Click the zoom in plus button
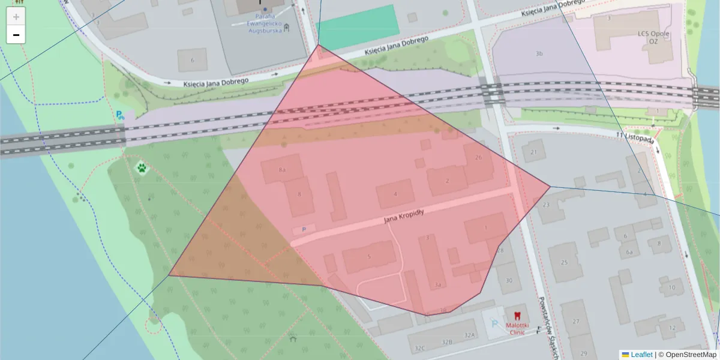(16, 17)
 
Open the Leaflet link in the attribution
(641, 355)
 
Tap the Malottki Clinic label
(517, 329)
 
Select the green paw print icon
(142, 168)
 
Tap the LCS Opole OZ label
(653, 37)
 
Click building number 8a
(283, 170)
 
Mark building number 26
(478, 158)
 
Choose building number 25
(563, 262)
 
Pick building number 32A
(469, 335)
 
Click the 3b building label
(539, 54)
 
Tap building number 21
(533, 152)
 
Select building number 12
(672, 328)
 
